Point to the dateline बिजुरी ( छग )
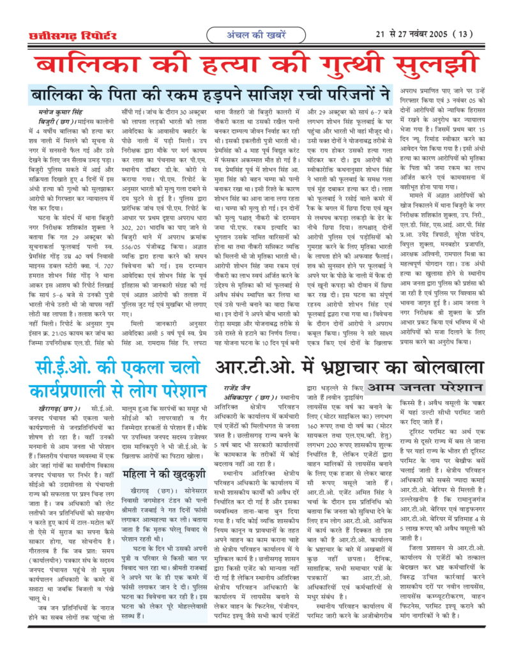[x=50, y=120]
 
